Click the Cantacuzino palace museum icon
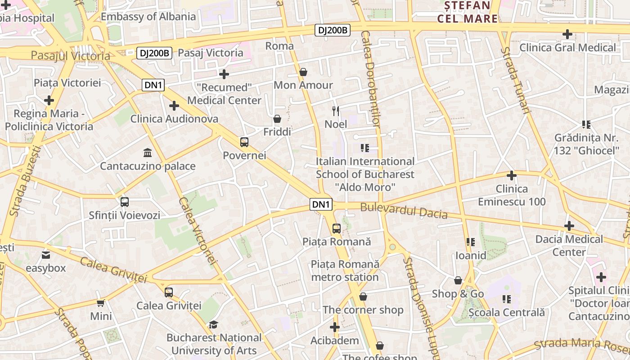[147, 153]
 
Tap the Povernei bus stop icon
[244, 143]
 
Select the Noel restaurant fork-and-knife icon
[336, 111]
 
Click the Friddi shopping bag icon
[277, 119]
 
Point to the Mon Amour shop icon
[303, 72]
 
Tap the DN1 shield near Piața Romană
[321, 204]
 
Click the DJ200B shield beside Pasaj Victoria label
[154, 53]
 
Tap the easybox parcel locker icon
[46, 256]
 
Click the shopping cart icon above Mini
[101, 303]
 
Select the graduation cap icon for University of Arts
[213, 324]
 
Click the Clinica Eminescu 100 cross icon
[511, 175]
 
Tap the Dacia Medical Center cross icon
[569, 226]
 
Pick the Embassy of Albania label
[148, 17]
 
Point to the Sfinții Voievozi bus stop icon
[125, 202]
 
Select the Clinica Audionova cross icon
[174, 106]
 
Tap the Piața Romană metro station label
[345, 270]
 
